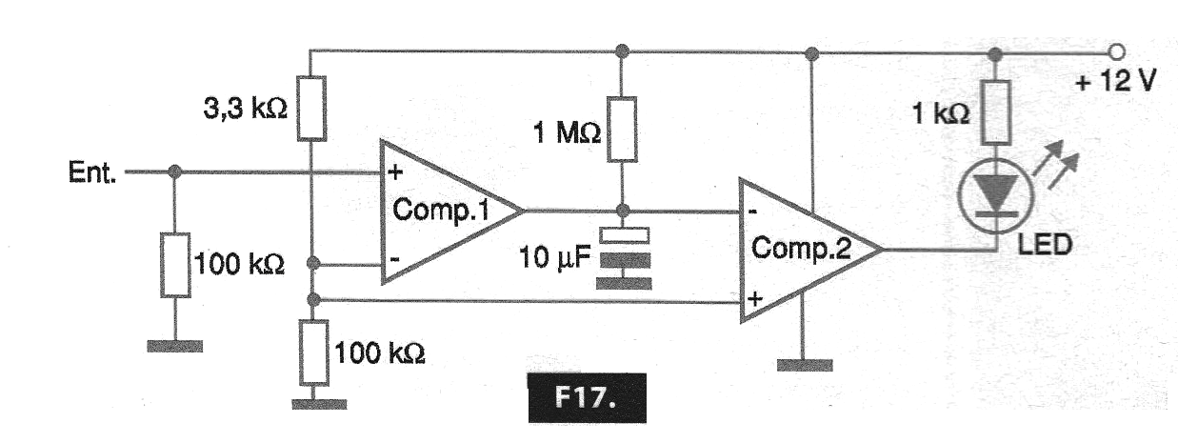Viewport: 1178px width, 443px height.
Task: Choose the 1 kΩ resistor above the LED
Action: pos(994,111)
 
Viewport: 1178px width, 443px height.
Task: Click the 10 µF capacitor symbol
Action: pos(622,247)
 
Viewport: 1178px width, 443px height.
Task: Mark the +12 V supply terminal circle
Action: pos(1117,50)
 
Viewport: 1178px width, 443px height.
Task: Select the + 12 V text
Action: pos(1115,81)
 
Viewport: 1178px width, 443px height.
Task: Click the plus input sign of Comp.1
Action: pos(393,172)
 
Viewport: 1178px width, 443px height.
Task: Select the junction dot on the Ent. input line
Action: pos(174,173)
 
